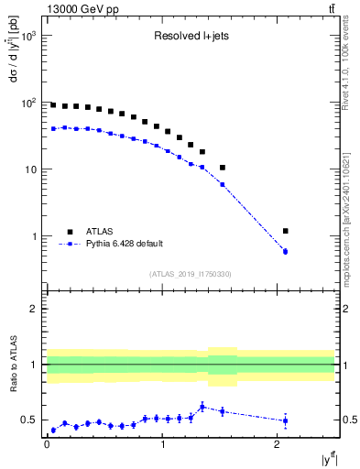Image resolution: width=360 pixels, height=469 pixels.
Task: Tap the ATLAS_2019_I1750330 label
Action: coord(190,274)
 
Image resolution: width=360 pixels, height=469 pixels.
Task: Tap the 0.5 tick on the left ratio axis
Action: coord(33,420)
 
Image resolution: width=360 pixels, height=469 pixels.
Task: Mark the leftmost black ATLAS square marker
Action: coord(53,105)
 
